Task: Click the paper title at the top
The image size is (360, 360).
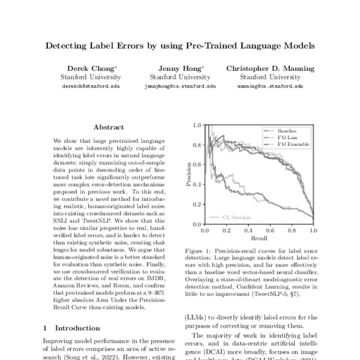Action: coord(180,45)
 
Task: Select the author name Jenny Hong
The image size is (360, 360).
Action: coord(180,68)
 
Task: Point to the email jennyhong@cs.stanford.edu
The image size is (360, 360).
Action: coord(180,86)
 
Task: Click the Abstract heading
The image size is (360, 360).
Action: coord(109,127)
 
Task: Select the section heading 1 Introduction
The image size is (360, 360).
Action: coord(68,328)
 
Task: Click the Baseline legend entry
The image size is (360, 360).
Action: coord(286,131)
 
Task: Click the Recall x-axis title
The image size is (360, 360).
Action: coord(259,238)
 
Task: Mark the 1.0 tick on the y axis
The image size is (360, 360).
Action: coord(197,126)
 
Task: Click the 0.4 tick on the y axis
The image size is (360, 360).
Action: coord(197,185)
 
